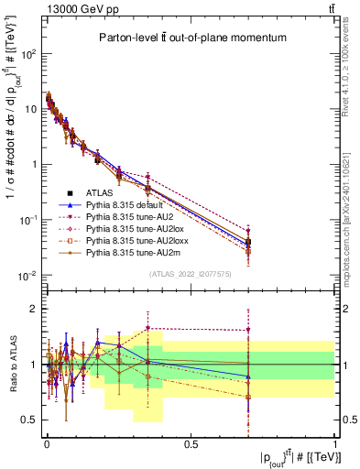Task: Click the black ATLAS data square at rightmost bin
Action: pos(248,243)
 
